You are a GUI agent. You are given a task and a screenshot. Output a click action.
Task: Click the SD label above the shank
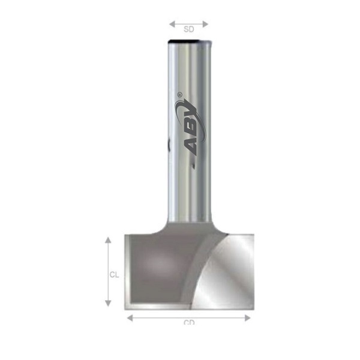point(188,28)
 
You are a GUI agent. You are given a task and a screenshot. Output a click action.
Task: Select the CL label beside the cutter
point(113,275)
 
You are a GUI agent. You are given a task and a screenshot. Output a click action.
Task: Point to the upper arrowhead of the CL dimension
point(108,240)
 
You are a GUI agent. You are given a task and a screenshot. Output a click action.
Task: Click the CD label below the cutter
point(189,322)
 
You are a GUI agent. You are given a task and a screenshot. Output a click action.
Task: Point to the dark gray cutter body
point(159,264)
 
